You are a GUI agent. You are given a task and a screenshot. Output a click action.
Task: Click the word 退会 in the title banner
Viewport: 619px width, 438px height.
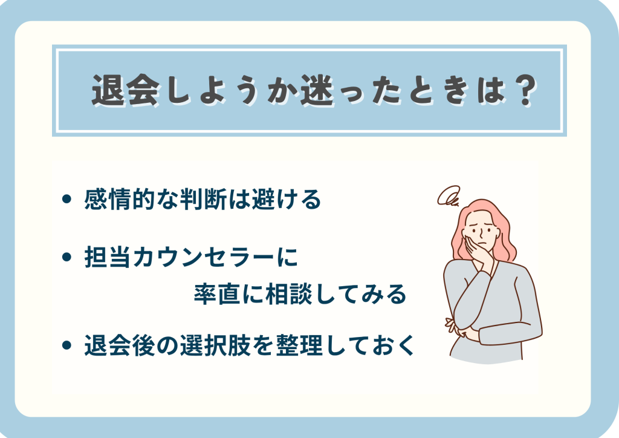126,91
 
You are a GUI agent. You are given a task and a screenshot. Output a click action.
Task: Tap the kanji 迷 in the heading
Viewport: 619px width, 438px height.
317,91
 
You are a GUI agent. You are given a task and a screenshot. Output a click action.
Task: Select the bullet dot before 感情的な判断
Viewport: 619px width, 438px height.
66,198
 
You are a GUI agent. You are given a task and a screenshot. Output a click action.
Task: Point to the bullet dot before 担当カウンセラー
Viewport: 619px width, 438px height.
66,257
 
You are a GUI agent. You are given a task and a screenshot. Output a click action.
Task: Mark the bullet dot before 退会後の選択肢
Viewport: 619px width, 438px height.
66,345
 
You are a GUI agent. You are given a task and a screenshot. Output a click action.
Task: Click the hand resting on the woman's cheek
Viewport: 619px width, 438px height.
476,253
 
